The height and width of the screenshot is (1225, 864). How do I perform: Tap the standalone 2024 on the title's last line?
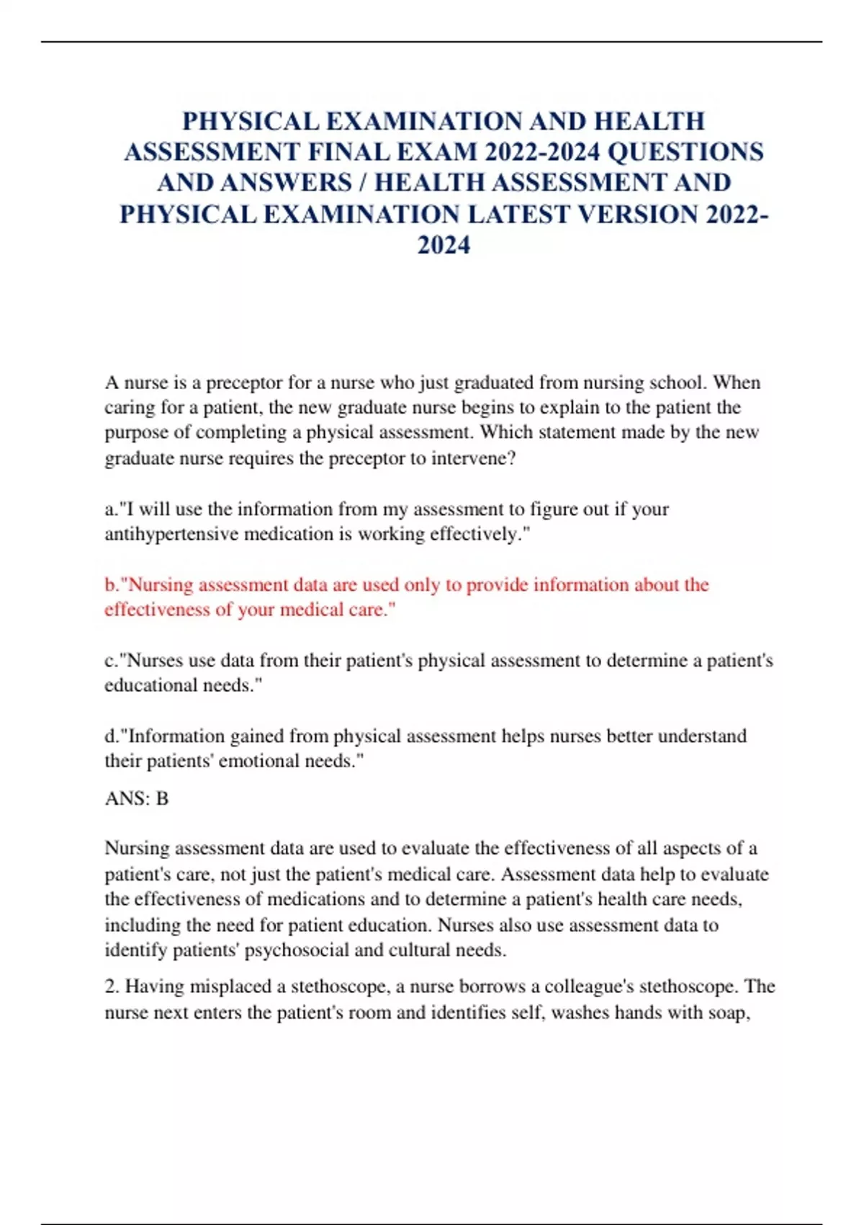click(444, 246)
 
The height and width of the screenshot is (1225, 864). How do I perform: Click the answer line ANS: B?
click(136, 798)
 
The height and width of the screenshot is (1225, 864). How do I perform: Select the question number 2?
click(111, 986)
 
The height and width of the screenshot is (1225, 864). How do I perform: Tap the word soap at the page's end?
click(729, 1013)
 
